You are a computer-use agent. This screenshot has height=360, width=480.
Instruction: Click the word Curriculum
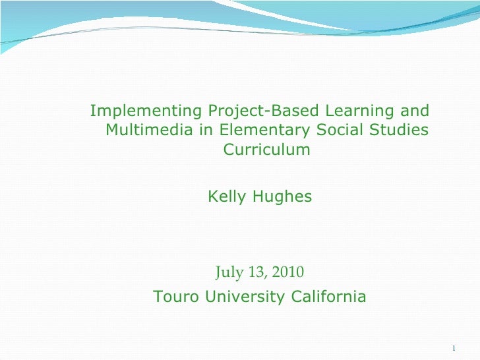(266, 150)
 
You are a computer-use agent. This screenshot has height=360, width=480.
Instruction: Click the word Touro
(176, 297)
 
